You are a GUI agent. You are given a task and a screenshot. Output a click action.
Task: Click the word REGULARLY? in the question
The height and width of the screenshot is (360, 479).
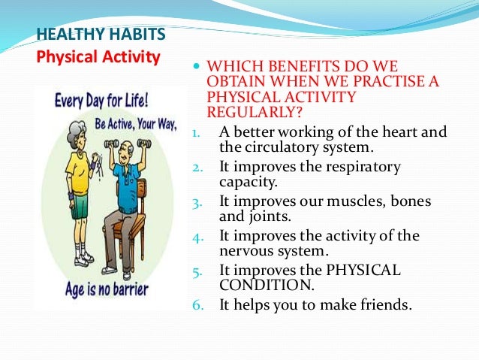(253, 113)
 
